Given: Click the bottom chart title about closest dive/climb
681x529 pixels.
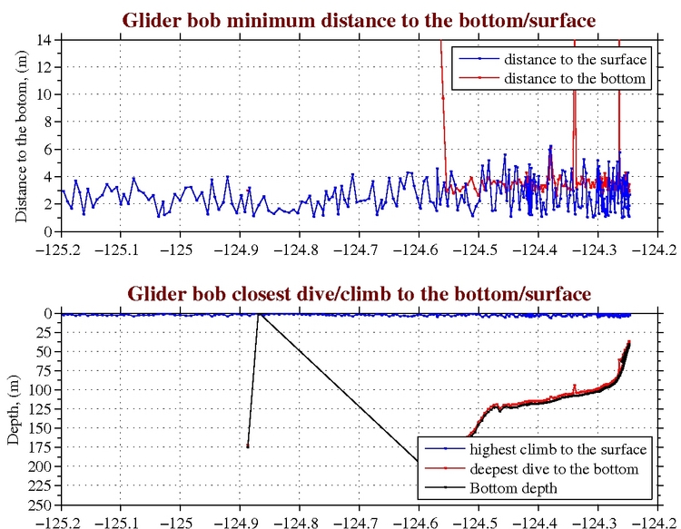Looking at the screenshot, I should point(359,293).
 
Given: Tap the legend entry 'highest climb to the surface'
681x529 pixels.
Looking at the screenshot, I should point(558,449).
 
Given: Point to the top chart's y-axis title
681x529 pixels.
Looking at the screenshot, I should point(20,135).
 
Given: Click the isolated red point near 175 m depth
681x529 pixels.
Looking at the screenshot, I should point(247,446).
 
